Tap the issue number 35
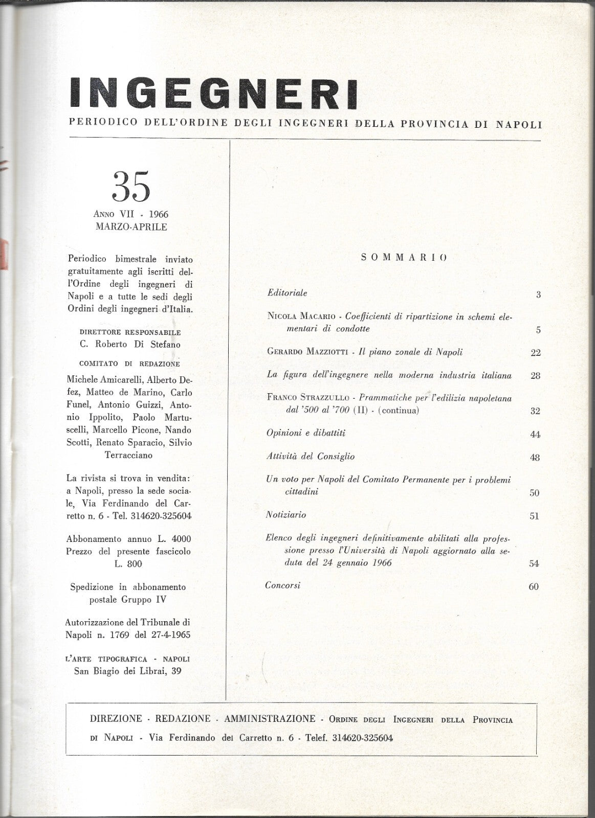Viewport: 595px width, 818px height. (131, 187)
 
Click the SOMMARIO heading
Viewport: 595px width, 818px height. (404, 257)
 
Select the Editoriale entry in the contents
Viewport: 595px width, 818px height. (287, 293)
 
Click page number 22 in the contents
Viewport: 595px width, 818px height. (536, 353)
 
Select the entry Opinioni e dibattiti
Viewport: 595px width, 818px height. (306, 433)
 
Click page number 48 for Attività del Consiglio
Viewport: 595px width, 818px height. (535, 458)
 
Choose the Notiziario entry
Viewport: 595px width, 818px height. (286, 515)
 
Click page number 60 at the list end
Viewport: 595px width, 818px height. (534, 587)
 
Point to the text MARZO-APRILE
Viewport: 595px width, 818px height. (131, 227)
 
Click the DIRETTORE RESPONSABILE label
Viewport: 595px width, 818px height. (130, 332)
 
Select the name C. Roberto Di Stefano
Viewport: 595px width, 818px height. (130, 345)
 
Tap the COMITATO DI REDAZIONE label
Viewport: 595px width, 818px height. (130, 365)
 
